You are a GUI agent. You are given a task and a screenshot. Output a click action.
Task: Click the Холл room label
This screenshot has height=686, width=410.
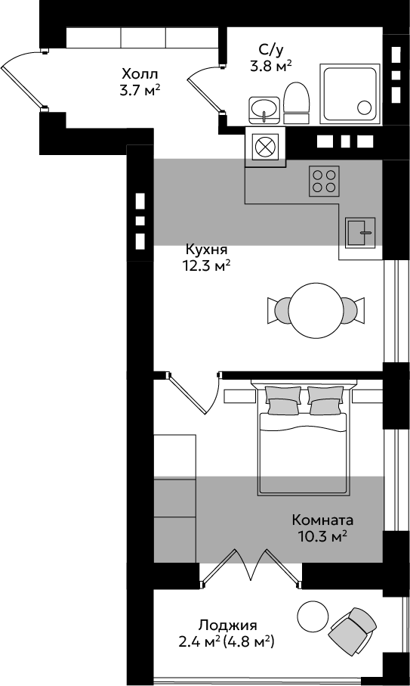point(140,73)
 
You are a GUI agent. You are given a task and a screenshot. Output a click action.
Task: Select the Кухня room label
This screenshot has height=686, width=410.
point(207,250)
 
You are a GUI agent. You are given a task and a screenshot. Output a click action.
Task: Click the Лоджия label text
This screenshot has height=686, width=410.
point(228,624)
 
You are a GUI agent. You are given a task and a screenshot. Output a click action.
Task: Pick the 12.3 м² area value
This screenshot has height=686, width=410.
point(207,265)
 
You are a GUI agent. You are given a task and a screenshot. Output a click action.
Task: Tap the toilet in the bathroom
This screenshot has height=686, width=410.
point(297,103)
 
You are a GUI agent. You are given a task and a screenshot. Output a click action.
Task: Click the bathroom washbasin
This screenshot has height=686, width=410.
point(264,110)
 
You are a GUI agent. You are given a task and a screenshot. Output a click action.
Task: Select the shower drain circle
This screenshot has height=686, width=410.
point(364,107)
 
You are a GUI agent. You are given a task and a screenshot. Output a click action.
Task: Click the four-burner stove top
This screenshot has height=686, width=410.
point(325,181)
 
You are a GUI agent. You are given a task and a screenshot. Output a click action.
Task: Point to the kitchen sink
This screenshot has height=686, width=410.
point(361,232)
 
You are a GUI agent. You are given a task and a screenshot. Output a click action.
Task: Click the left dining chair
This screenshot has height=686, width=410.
point(279,311)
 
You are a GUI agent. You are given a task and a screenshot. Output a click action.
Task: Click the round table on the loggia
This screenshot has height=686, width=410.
point(313,616)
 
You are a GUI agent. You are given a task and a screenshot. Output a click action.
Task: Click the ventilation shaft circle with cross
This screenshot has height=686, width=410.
point(266,146)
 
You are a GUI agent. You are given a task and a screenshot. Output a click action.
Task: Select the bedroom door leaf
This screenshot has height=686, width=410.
point(187,395)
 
